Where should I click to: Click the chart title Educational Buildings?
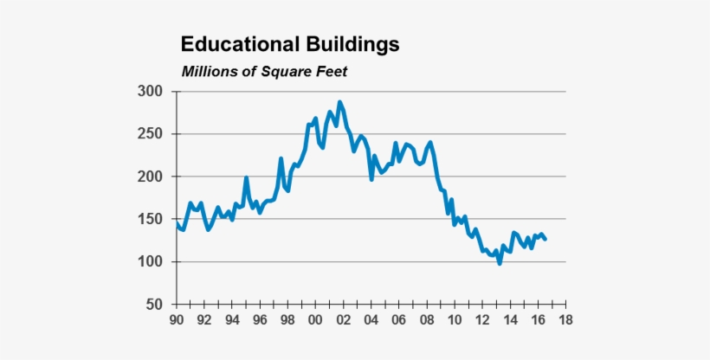click(289, 44)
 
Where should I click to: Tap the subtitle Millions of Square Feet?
click(264, 71)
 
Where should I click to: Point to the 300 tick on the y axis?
click(151, 92)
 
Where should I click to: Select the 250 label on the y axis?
click(151, 134)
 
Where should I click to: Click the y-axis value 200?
click(151, 177)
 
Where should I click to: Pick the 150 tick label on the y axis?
click(151, 219)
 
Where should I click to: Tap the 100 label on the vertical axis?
click(151, 262)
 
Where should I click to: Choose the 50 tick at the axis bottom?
click(155, 305)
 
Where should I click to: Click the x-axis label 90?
click(177, 319)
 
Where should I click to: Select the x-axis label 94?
click(232, 319)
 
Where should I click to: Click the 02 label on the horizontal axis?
click(343, 319)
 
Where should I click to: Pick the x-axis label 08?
click(426, 319)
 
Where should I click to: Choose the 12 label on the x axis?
click(481, 319)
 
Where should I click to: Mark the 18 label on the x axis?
click(565, 319)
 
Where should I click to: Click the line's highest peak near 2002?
click(339, 102)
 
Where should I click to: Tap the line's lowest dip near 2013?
click(500, 263)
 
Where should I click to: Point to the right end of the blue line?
click(545, 239)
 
